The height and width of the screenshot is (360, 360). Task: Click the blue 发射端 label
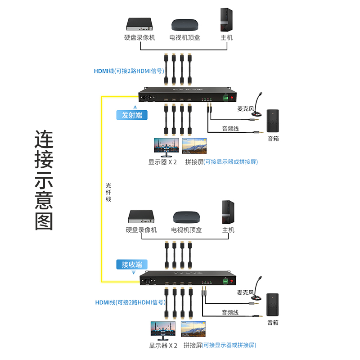[132, 115]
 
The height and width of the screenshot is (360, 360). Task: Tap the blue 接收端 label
[132, 265]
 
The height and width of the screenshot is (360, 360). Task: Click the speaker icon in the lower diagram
[273, 305]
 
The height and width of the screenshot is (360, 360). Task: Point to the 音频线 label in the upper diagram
[230, 129]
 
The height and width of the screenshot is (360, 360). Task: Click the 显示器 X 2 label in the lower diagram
[163, 346]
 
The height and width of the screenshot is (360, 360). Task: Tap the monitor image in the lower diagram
[162, 331]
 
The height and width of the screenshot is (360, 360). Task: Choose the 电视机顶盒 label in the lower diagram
[186, 230]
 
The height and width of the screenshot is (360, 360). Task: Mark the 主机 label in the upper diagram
[227, 38]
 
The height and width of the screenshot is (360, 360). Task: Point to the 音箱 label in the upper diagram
[273, 139]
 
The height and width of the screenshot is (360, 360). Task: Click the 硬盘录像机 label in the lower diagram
[141, 230]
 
